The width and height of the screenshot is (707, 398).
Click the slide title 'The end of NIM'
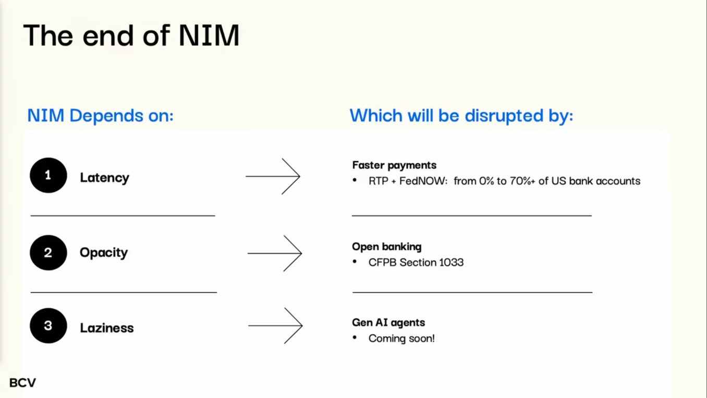coord(131,35)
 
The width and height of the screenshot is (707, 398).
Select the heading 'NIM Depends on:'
coord(101,115)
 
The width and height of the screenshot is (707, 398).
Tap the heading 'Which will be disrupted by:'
coord(461,116)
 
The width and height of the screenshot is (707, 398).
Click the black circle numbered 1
coord(48,175)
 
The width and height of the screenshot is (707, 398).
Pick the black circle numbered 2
coord(48,252)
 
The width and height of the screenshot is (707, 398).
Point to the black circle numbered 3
coord(48,325)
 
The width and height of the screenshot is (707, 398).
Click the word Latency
coord(104,178)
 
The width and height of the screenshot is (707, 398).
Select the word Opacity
coord(104,252)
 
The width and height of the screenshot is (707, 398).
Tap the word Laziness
coord(107,328)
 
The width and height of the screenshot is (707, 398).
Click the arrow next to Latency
coord(273,176)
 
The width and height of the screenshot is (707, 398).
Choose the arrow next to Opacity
coord(275,254)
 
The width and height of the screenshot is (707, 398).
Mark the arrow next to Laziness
coord(275,325)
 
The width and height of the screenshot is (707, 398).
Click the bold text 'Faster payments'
coord(394,165)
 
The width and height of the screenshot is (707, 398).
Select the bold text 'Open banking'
coord(387,247)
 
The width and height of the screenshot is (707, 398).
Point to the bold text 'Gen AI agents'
coord(388,322)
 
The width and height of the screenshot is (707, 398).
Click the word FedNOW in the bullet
coord(423,181)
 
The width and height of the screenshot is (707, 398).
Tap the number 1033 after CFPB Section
coord(452,262)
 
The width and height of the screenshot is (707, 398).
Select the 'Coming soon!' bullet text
coord(401,339)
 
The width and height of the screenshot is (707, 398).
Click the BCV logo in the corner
coord(23,383)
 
